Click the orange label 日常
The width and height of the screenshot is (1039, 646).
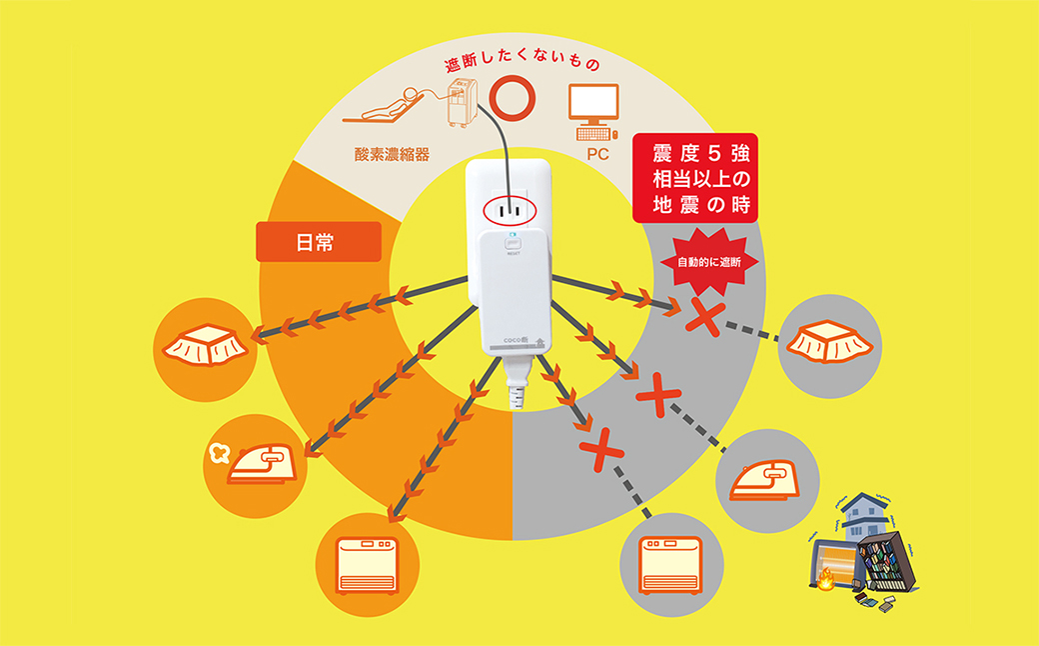click(319, 242)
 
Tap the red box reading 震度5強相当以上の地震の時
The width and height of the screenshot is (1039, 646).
click(695, 178)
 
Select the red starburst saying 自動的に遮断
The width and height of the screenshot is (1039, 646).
click(709, 262)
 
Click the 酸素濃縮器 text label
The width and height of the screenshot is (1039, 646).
click(392, 155)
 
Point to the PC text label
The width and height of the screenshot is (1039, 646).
click(597, 154)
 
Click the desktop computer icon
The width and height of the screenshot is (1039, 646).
click(593, 112)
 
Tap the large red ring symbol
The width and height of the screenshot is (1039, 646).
click(513, 98)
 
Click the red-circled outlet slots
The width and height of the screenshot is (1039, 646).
click(510, 212)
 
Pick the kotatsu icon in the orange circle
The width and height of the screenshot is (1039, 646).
click(206, 345)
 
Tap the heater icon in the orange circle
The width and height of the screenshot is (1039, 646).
click(368, 564)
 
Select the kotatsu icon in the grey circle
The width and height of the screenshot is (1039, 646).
click(830, 342)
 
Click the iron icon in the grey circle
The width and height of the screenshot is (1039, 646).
click(766, 480)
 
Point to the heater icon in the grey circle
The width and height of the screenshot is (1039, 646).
click(671, 565)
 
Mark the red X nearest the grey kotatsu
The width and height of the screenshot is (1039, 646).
click(703, 316)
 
